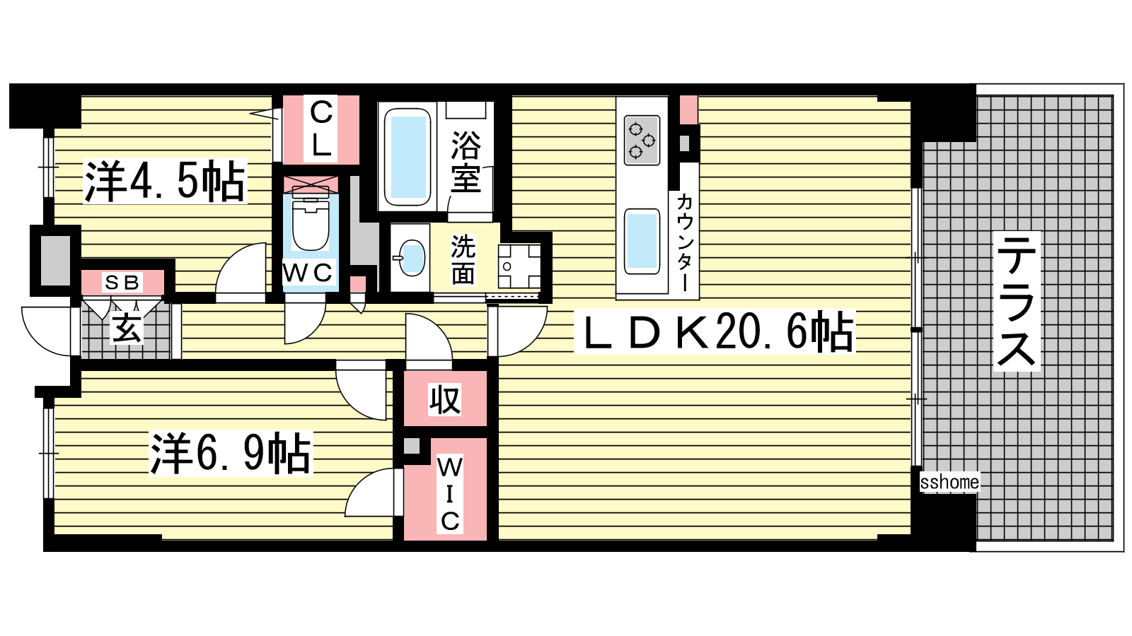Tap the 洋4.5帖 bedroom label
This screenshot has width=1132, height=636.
click(165, 181)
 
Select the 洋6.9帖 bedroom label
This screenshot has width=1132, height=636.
click(231, 453)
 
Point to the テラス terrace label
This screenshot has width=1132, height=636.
click(1017, 301)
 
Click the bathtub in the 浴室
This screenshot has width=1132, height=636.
click(408, 157)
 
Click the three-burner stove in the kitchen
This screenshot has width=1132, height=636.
click(642, 141)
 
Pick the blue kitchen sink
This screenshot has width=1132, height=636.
click(642, 241)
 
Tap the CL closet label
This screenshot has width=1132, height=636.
click(321, 129)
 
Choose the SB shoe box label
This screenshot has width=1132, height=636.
click(121, 283)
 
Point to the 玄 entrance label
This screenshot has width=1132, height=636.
click(127, 328)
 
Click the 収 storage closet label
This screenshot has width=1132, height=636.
click(445, 399)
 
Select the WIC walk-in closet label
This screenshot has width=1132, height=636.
click(449, 494)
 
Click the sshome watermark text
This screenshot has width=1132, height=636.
click(949, 482)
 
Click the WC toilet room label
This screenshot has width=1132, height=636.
click(308, 273)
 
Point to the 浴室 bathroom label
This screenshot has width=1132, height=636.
click(466, 162)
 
